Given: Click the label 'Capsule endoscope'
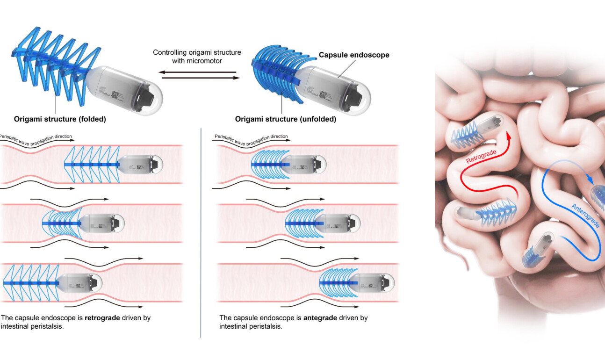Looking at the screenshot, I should coord(354,55).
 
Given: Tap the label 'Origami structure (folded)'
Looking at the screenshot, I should coord(56,119).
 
